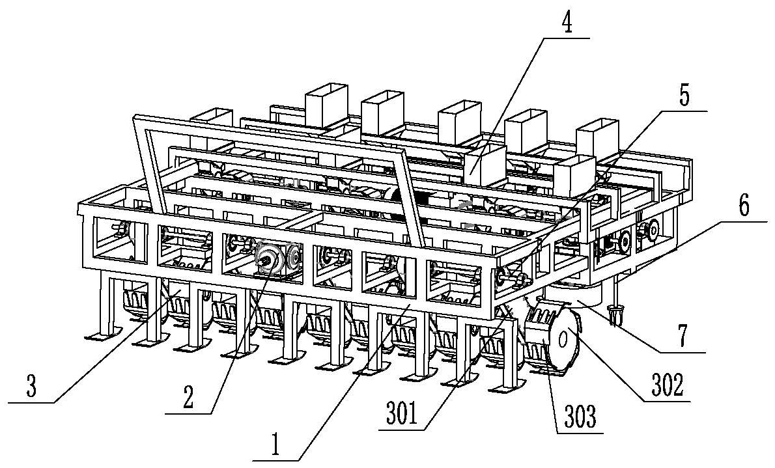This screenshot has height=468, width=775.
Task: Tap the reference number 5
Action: click(x=684, y=96)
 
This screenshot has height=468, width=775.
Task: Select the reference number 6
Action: click(x=744, y=206)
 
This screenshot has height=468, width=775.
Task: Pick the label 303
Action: click(x=580, y=418)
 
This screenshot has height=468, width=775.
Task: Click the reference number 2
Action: click(x=188, y=397)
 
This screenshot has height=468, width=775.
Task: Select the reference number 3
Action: click(x=31, y=387)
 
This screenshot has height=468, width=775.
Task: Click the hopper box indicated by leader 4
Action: click(x=483, y=165)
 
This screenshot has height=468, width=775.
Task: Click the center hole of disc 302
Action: click(x=563, y=339)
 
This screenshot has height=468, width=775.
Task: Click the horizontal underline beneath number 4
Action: click(x=565, y=38)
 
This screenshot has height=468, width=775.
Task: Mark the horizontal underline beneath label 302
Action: click(x=667, y=402)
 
